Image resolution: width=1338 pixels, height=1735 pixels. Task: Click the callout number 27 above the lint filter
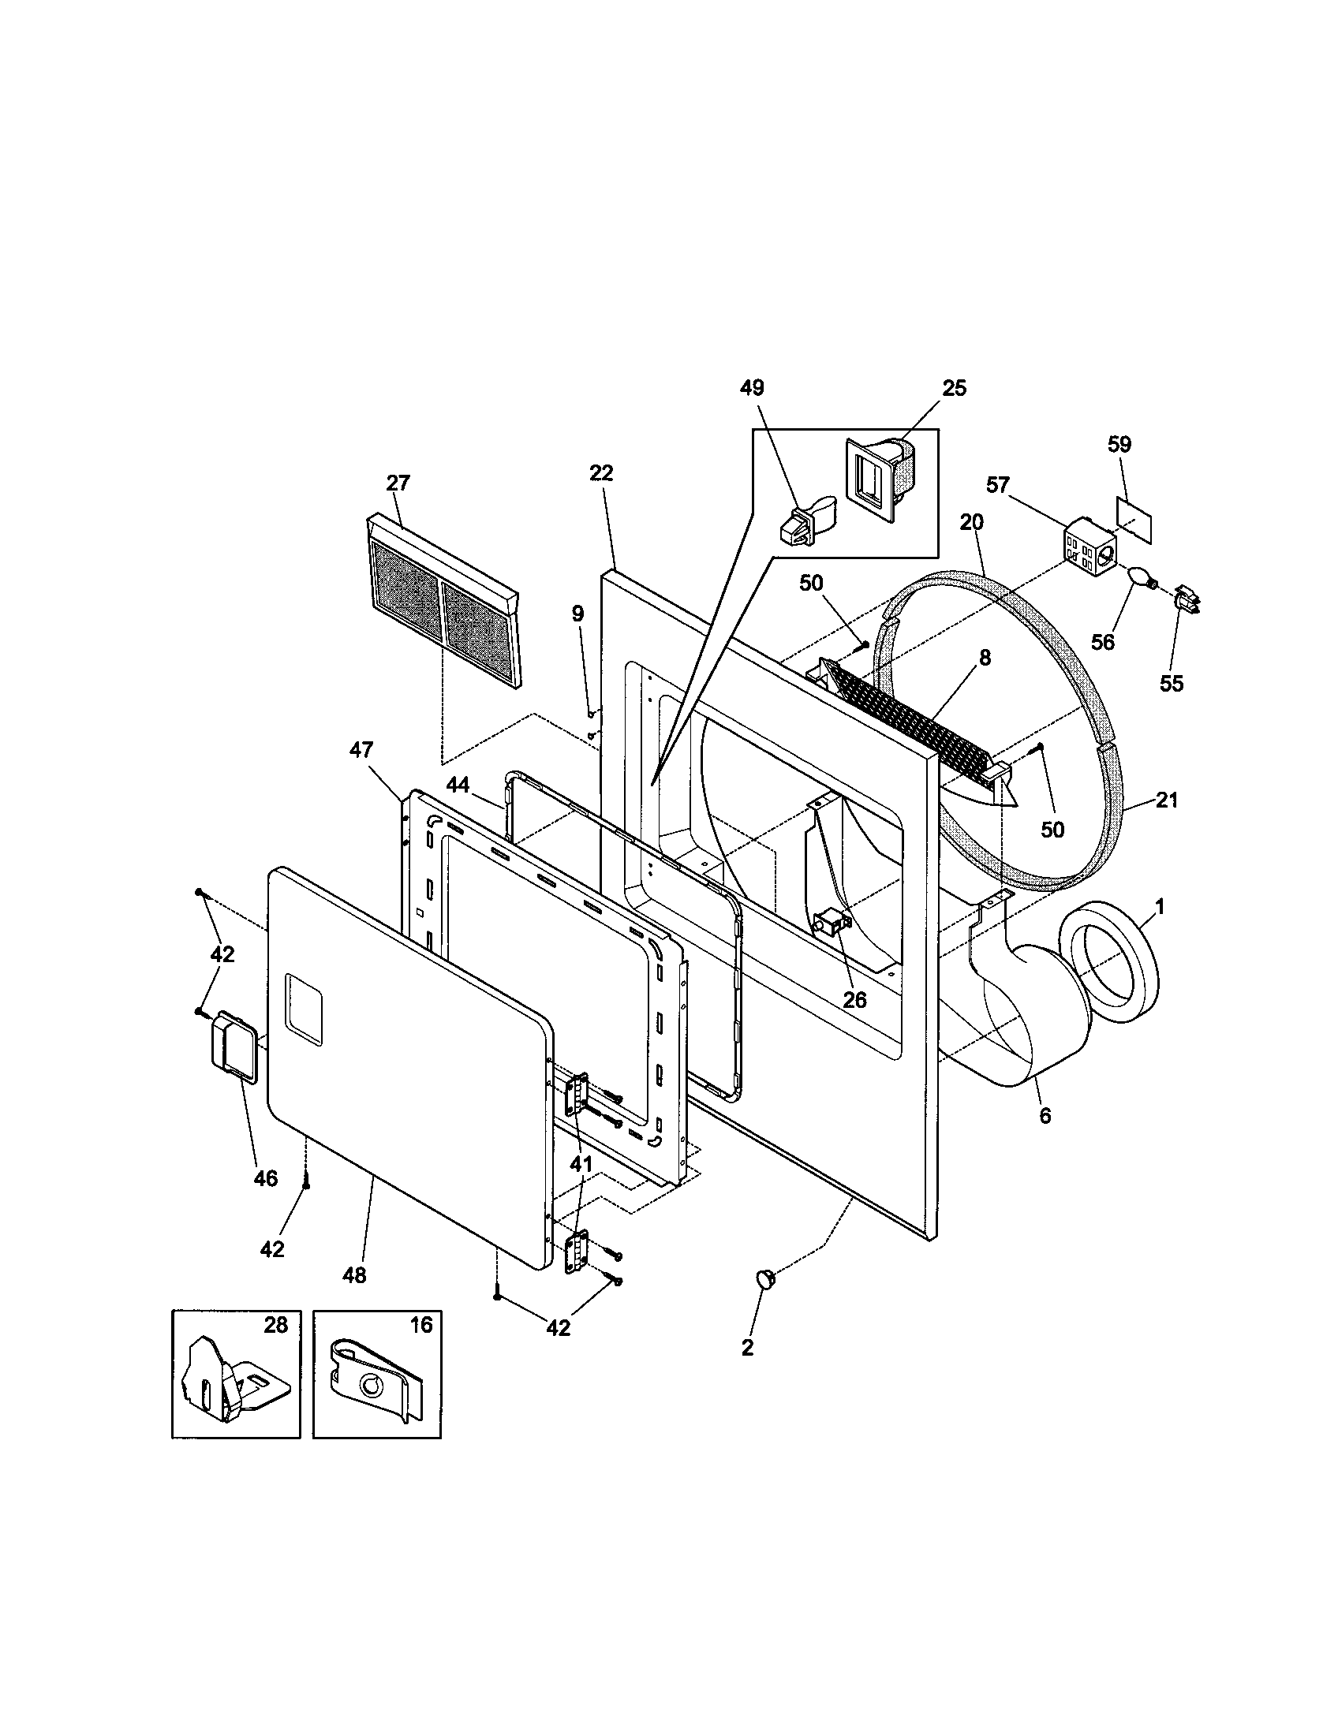(398, 483)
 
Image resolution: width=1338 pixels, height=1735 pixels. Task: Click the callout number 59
(1119, 444)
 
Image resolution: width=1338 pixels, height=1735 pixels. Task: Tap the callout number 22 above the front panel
(601, 473)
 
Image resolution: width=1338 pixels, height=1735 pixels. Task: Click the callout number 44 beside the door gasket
(457, 785)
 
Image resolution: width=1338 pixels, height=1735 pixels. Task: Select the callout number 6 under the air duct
(1045, 1115)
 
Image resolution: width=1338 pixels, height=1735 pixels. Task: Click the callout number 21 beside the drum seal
(1165, 800)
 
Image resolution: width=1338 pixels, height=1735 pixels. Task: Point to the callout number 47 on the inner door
(361, 750)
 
